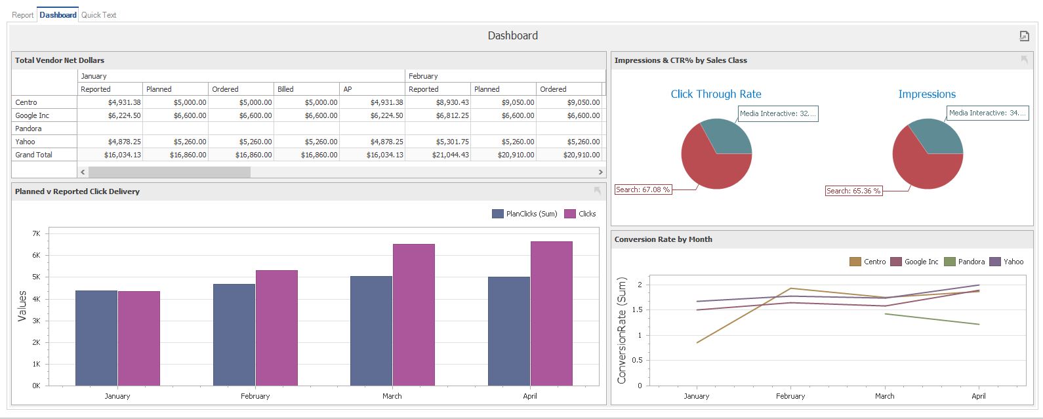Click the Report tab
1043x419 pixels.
click(x=22, y=14)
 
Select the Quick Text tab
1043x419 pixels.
click(x=98, y=14)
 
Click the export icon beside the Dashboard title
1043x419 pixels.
click(x=1024, y=36)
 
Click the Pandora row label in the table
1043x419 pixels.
click(x=29, y=129)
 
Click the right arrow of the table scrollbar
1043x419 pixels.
click(x=600, y=172)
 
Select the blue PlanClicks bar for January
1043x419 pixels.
click(x=96, y=338)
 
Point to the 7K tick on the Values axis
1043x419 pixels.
click(x=36, y=233)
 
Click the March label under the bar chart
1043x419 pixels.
click(x=392, y=396)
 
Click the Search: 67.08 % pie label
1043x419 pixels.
click(x=643, y=190)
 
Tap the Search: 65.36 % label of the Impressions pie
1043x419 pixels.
click(x=853, y=191)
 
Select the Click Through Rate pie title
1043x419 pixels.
click(x=716, y=94)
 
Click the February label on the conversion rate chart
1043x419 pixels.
click(x=790, y=396)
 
